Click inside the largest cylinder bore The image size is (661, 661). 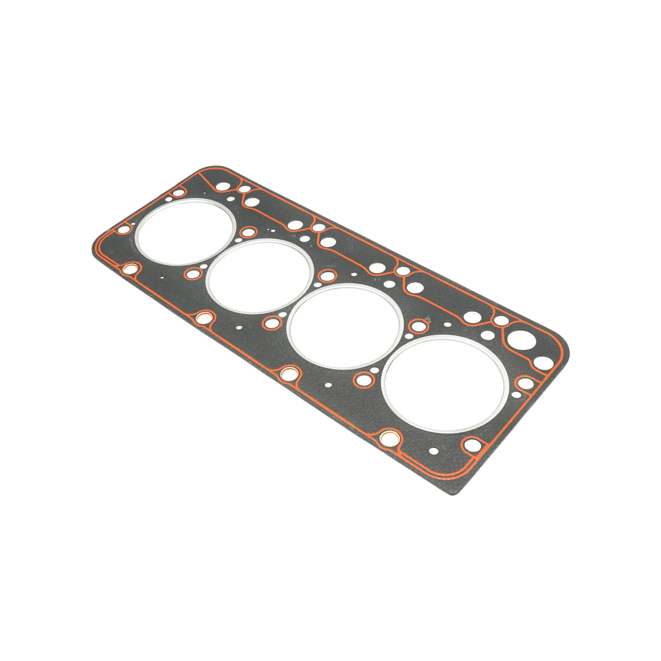pos(445,383)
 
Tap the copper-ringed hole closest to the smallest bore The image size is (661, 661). pos(131,269)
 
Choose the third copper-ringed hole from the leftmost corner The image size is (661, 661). pos(288,374)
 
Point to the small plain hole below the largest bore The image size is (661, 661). pos(434,451)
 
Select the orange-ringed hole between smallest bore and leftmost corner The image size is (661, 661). pos(124,229)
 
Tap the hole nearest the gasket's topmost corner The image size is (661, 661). pos(222,186)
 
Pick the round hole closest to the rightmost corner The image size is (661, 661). pos(543,362)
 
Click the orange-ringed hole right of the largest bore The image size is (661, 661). pos(525,383)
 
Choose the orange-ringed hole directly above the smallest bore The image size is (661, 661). pos(177,193)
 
